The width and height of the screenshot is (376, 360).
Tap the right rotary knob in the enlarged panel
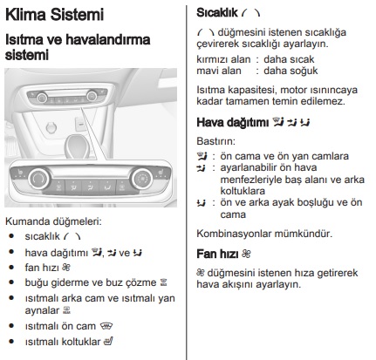coord(140,180)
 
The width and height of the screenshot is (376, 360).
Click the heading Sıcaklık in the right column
coord(219,14)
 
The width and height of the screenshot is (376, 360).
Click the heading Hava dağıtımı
coord(229,122)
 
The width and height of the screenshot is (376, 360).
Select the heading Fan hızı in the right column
coord(217,254)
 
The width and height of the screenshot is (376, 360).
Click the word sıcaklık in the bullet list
coord(44,236)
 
